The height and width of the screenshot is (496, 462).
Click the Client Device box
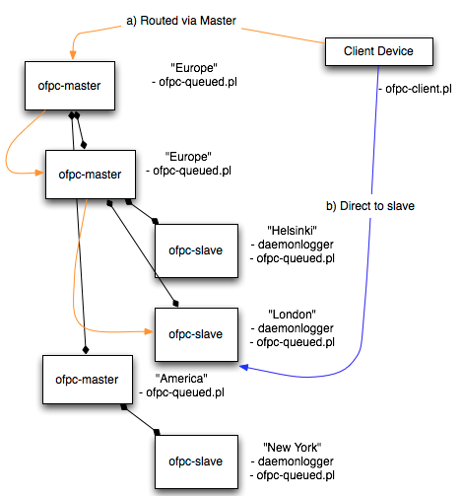click(x=379, y=51)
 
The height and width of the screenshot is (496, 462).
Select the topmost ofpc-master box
click(x=70, y=86)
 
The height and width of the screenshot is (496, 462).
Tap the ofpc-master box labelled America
click(x=88, y=380)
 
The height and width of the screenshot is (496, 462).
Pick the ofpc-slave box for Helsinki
click(x=196, y=250)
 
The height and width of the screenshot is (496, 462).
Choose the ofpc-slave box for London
click(x=196, y=334)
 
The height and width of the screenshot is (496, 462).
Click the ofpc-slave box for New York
click(x=196, y=461)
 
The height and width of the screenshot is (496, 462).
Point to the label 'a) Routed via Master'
click(x=181, y=21)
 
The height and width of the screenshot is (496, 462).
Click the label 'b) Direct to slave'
click(x=370, y=206)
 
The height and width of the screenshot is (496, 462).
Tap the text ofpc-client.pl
click(x=419, y=89)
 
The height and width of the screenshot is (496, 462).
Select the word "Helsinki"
click(x=292, y=231)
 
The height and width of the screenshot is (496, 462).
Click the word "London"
click(x=292, y=315)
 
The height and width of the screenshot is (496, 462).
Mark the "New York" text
click(x=292, y=448)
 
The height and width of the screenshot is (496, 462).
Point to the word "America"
click(x=181, y=379)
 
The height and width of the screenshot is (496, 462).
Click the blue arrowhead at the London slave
click(x=244, y=367)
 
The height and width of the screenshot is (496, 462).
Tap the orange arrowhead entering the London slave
click(x=149, y=331)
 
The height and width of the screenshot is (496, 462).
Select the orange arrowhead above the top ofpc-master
click(x=73, y=55)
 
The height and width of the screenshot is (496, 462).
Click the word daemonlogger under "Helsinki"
click(x=296, y=245)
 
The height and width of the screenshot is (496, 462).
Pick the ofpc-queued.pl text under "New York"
click(x=296, y=475)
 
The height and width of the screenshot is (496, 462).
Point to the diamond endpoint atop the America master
click(x=86, y=350)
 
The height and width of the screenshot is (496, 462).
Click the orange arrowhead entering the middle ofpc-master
click(x=39, y=173)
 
